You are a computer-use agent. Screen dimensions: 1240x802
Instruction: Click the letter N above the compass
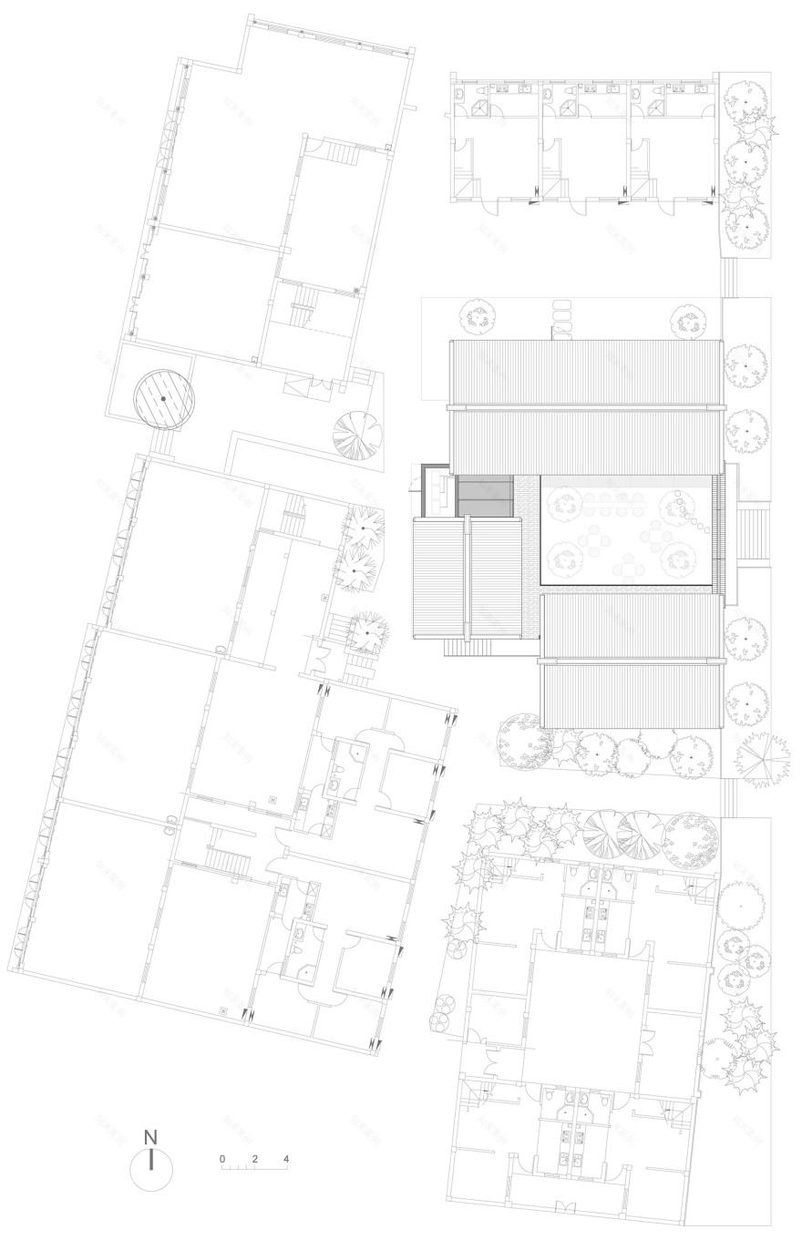coord(151,1138)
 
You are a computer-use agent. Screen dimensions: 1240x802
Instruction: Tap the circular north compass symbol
coord(151,1169)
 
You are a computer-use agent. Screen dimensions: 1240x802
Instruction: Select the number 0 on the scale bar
coord(222,1159)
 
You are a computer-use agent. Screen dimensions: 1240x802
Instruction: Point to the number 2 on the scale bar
coord(255,1159)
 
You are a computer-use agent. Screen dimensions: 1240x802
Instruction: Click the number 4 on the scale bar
coord(286,1159)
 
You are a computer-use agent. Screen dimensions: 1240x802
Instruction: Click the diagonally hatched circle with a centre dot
coord(164,399)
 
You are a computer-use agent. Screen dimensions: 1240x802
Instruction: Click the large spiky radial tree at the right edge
coord(757,756)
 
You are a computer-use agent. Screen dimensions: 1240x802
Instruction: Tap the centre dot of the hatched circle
coord(164,399)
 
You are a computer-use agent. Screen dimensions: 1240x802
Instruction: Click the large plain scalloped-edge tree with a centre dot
coord(740,907)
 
